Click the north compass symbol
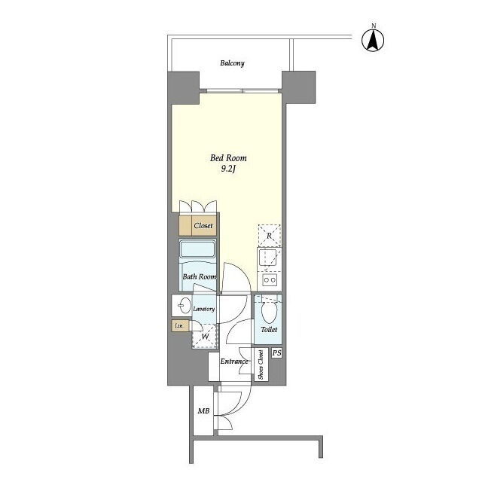pyautogui.click(x=373, y=39)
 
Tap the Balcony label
pyautogui.click(x=233, y=63)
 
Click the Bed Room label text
pyautogui.click(x=228, y=158)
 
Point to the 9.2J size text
pyautogui.click(x=228, y=169)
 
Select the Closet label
pyautogui.click(x=203, y=226)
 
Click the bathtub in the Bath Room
pyautogui.click(x=197, y=249)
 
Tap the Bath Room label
pyautogui.click(x=199, y=276)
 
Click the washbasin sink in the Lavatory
pyautogui.click(x=185, y=306)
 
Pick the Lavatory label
pyautogui.click(x=204, y=309)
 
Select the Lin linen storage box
pyautogui.click(x=180, y=325)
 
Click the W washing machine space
pyautogui.click(x=205, y=337)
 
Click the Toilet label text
pyautogui.click(x=269, y=330)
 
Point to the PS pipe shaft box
pyautogui.click(x=276, y=353)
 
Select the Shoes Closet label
pyautogui.click(x=261, y=365)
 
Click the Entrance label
pyautogui.click(x=234, y=361)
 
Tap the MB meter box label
pyautogui.click(x=203, y=411)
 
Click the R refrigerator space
pyautogui.click(x=270, y=236)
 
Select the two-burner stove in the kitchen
pyautogui.click(x=270, y=280)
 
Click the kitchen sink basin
pyautogui.click(x=267, y=258)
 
